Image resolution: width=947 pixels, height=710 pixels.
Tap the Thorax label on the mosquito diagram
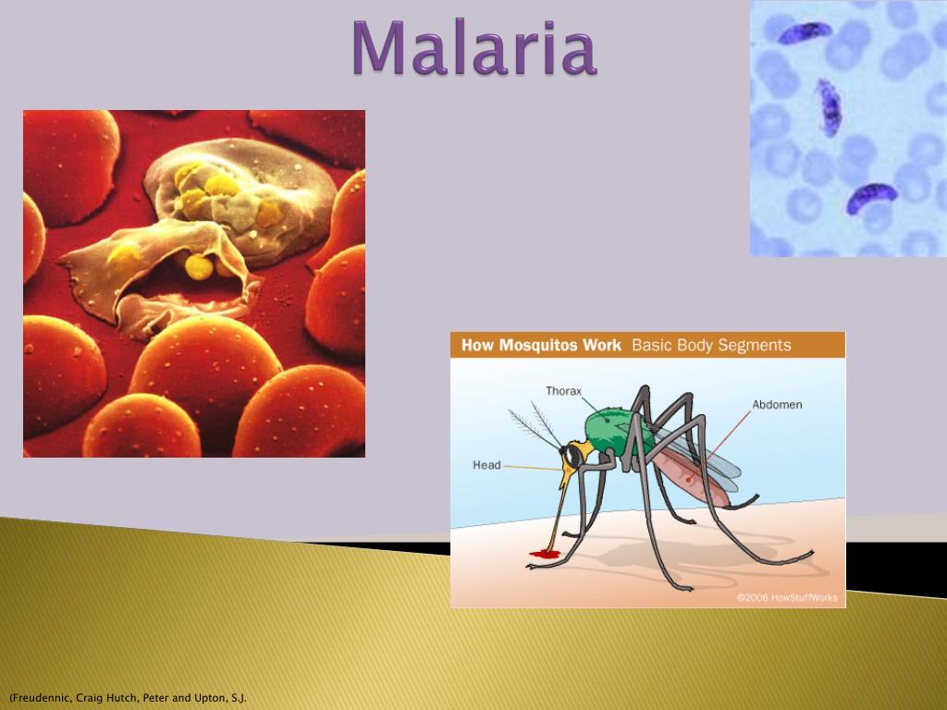(x=563, y=391)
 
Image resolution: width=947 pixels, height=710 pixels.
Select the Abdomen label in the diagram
(x=776, y=405)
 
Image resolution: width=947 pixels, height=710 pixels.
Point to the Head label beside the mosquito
(x=486, y=465)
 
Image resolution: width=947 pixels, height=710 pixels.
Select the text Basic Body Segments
(x=711, y=346)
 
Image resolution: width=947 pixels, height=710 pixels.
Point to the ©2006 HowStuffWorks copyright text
(x=787, y=597)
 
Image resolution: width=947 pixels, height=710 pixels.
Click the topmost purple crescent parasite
(x=806, y=33)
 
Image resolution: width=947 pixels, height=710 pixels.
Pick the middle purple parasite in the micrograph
(x=829, y=107)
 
